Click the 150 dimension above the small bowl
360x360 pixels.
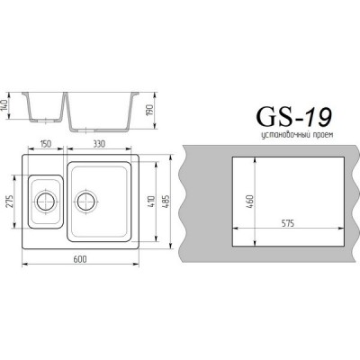pos(43,143)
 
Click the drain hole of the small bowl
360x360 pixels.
pos(43,198)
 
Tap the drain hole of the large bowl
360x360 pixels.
pos(85,198)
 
